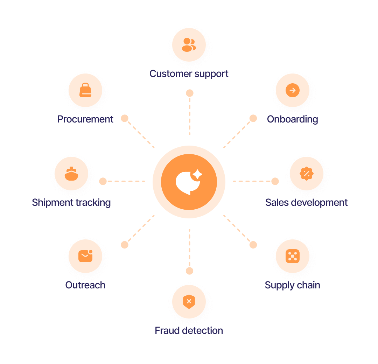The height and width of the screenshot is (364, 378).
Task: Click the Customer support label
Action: [189, 74]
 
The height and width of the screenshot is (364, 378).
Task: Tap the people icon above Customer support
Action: [189, 45]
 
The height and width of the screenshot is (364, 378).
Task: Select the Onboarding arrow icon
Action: [292, 90]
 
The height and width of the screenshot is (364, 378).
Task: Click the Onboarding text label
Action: [292, 119]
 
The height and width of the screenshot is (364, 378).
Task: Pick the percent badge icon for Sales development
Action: [306, 174]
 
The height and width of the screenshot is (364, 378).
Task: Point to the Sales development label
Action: [306, 203]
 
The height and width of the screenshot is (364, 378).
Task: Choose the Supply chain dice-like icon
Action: [292, 256]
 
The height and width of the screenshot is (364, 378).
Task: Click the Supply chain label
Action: [292, 285]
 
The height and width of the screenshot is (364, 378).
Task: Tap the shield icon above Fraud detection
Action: [189, 302]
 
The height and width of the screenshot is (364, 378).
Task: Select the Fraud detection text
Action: [189, 331]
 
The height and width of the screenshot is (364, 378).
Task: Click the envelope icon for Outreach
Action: [85, 256]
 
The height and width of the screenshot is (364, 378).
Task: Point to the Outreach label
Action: [85, 285]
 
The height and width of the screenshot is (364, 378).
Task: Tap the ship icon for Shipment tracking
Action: [71, 174]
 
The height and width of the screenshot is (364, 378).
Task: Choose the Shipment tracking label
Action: [71, 203]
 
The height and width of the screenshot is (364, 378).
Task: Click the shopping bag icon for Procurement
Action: [85, 90]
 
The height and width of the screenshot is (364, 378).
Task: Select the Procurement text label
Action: [85, 119]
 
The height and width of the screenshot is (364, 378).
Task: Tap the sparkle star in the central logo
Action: [197, 174]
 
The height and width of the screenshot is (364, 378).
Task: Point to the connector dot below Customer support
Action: [189, 93]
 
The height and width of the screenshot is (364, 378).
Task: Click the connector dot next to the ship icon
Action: [103, 181]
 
